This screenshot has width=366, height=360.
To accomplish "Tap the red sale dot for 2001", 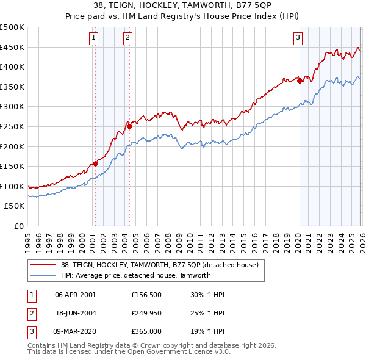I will click(95, 164).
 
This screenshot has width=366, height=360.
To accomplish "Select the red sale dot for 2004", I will click(129, 126).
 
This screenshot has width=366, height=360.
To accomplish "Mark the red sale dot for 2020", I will click(300, 81).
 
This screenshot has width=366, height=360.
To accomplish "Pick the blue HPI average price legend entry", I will click(135, 275).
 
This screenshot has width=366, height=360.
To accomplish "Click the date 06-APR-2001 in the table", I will click(75, 294).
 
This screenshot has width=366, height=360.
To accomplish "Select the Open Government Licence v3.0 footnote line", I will click(129, 351).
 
